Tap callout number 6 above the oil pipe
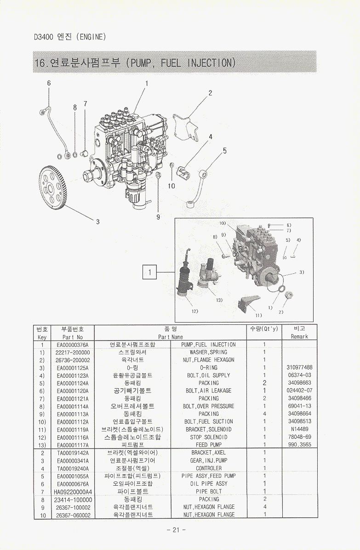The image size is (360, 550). click(49, 83)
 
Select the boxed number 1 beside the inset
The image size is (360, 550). click(149, 272)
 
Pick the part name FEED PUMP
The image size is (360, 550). click(208, 445)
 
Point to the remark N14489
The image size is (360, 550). click(299, 429)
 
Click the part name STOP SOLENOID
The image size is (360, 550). click(208, 437)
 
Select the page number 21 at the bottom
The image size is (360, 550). click(176, 530)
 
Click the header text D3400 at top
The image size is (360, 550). click(44, 37)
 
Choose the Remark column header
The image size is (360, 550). click(299, 337)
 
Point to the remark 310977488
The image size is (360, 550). click(299, 368)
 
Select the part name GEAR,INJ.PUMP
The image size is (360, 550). click(208, 460)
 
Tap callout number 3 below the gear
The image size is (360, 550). click(97, 222)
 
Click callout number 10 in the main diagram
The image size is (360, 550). click(171, 186)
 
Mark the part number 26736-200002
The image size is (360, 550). click(73, 360)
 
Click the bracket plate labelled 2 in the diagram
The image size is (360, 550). click(186, 125)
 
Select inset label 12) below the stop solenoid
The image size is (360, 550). click(194, 312)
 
